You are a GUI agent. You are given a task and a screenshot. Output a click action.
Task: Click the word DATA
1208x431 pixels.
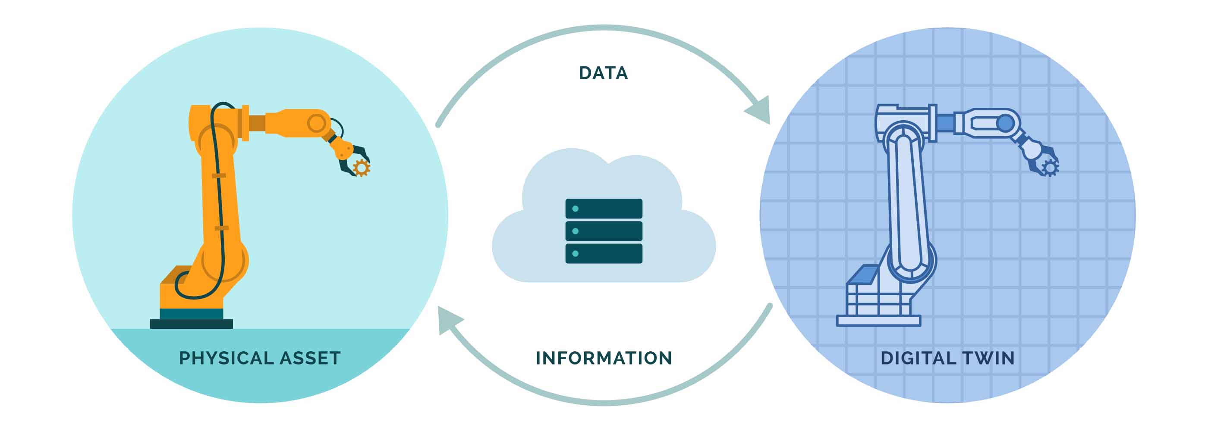pyautogui.click(x=603, y=73)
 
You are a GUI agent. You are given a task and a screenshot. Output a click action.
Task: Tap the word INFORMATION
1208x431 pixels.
pyautogui.click(x=604, y=359)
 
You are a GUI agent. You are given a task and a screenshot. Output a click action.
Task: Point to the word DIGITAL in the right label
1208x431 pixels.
pyautogui.click(x=918, y=359)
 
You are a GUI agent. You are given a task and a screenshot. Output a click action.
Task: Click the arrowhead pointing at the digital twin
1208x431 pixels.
pyautogui.click(x=760, y=111)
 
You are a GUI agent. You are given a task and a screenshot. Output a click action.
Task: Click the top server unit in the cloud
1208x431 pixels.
pyautogui.click(x=604, y=209)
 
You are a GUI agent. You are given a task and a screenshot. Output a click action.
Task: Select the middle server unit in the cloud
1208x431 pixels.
pyautogui.click(x=604, y=231)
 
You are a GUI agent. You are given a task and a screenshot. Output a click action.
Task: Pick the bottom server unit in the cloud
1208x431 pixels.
pyautogui.click(x=604, y=253)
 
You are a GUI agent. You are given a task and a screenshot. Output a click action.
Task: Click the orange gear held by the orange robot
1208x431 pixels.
pyautogui.click(x=361, y=168)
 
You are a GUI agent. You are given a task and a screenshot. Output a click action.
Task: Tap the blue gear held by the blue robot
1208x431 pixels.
pyautogui.click(x=1050, y=168)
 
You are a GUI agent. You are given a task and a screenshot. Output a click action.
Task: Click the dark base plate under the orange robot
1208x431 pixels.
pyautogui.click(x=191, y=324)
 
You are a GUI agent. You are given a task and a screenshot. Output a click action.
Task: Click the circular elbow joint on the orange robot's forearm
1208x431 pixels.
pyautogui.click(x=317, y=123)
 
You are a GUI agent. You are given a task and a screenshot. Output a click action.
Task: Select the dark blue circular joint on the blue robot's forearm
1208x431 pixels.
pyautogui.click(x=1005, y=123)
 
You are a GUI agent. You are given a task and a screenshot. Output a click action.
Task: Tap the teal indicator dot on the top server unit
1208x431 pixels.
pyautogui.click(x=576, y=209)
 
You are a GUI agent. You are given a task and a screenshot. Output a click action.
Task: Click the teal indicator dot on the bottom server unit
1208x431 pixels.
pyautogui.click(x=576, y=253)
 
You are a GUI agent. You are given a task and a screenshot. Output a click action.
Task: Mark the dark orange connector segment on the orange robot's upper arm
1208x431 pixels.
pyautogui.click(x=257, y=123)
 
